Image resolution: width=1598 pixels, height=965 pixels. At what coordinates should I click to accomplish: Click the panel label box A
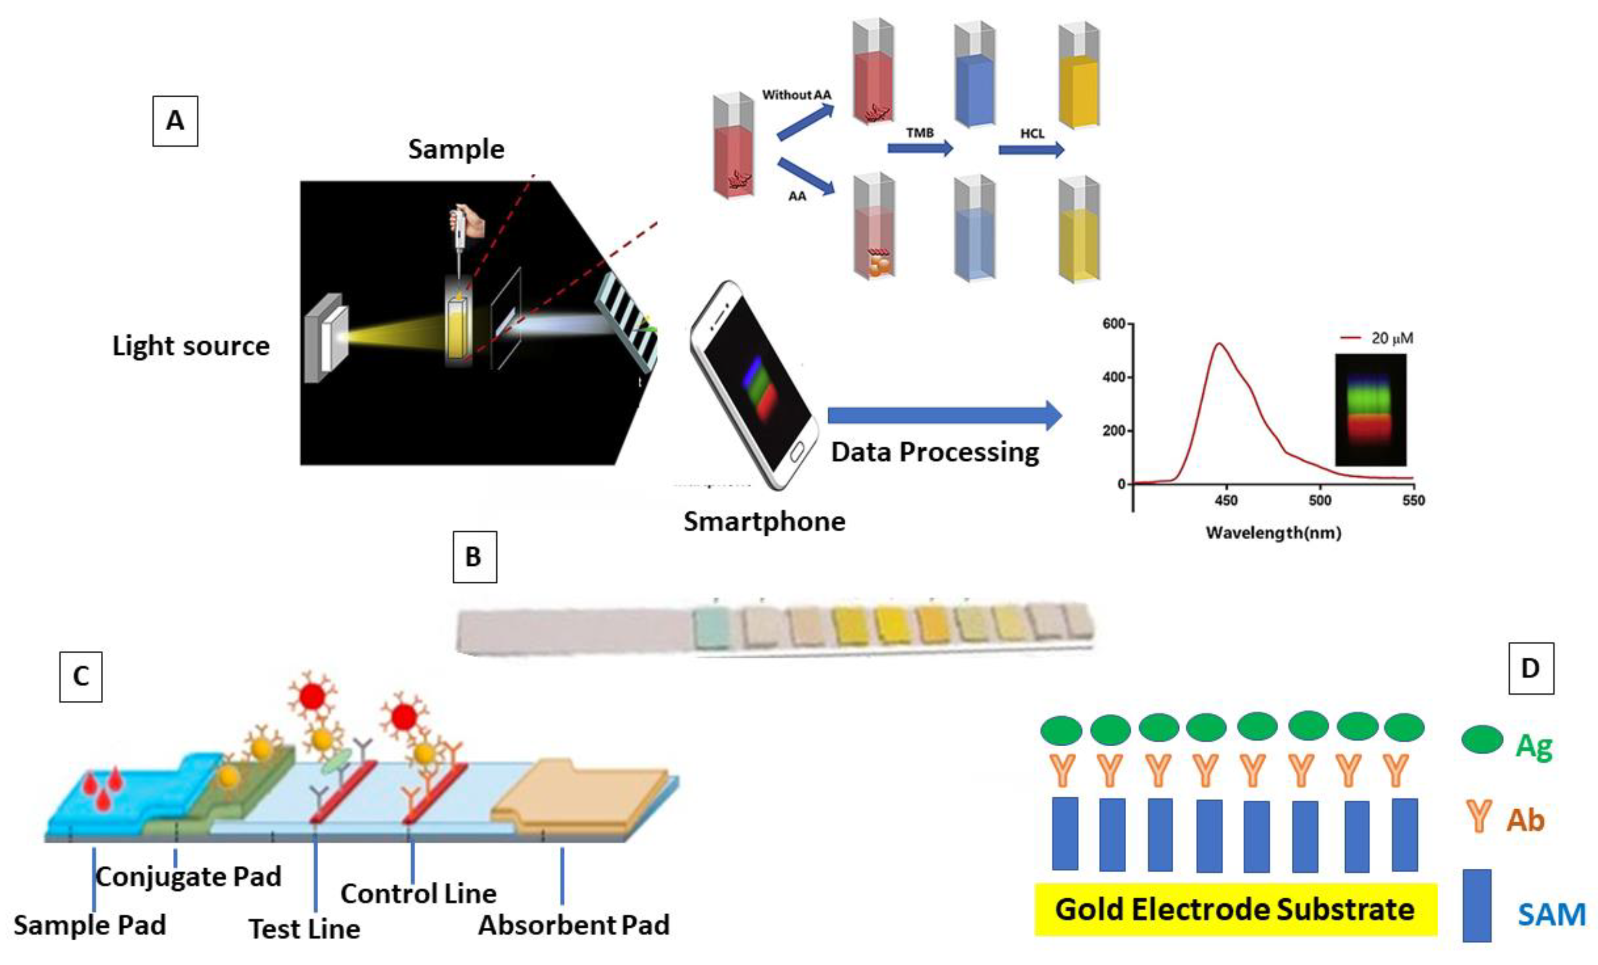tap(174, 121)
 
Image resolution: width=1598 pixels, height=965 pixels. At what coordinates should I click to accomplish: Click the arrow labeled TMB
tap(920, 149)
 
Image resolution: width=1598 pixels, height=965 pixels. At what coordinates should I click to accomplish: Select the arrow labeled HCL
tap(1031, 150)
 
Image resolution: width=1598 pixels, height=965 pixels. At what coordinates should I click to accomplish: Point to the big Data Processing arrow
tap(944, 415)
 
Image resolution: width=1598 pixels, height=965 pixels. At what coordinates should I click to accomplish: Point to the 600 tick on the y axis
tap(1114, 323)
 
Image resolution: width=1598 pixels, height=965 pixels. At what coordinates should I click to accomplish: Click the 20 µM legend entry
tap(1378, 338)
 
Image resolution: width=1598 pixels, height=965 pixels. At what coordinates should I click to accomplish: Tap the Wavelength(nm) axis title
tap(1273, 533)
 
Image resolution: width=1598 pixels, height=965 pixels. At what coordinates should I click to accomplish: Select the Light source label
tap(191, 346)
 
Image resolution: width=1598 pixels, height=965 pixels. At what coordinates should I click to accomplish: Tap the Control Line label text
tap(419, 894)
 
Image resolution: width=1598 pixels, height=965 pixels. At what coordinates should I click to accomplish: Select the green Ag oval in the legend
tap(1482, 739)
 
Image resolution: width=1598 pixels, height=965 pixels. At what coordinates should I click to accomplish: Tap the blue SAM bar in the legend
tap(1477, 905)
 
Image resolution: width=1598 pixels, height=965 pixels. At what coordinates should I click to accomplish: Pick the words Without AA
tap(796, 95)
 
